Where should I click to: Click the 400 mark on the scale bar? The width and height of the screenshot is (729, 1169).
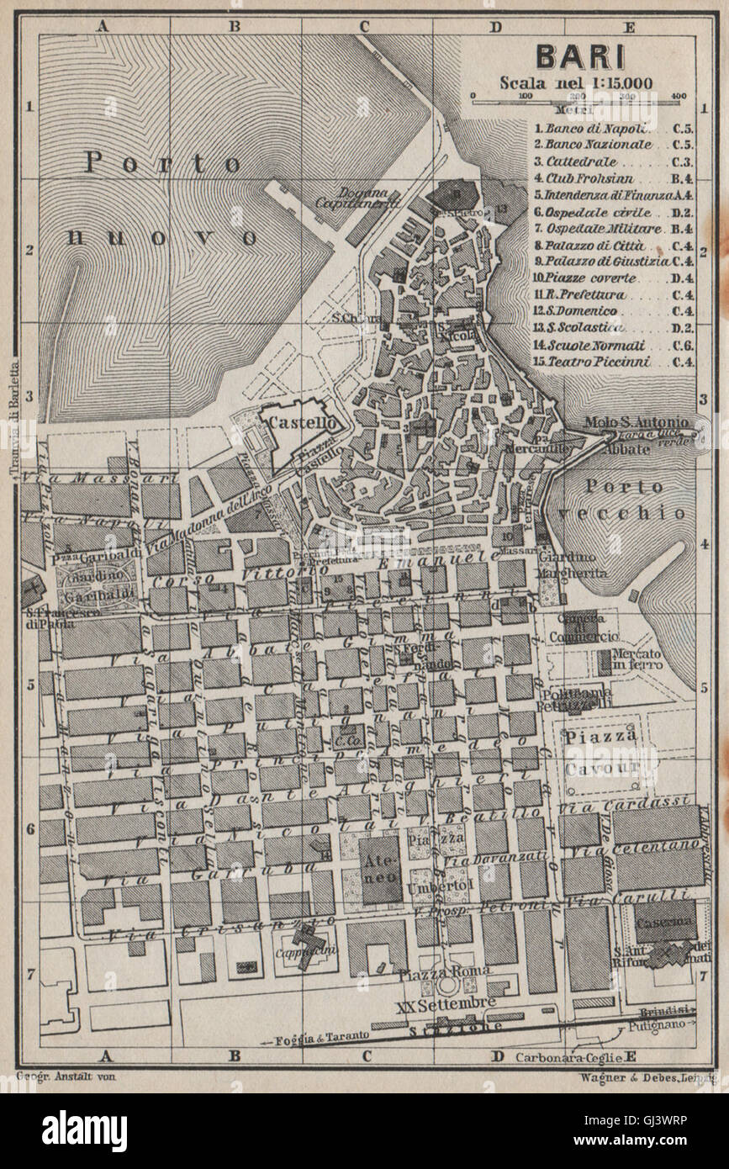click(x=679, y=96)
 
